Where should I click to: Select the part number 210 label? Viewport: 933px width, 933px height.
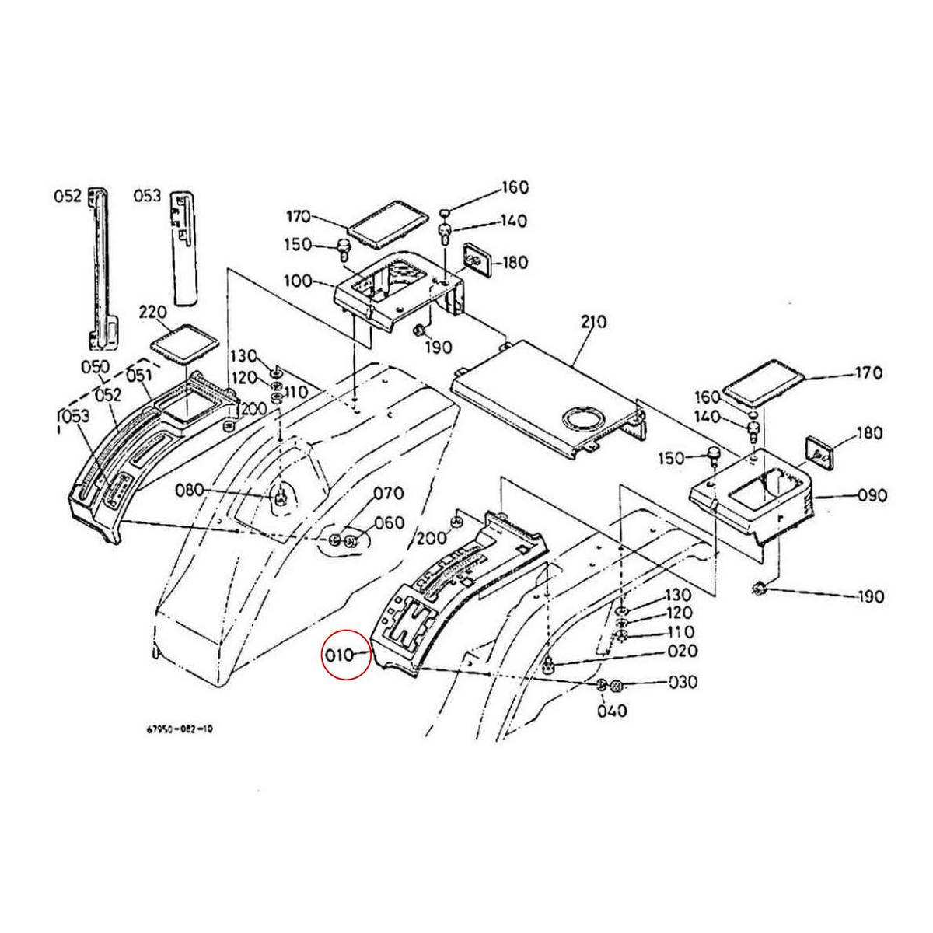[594, 322]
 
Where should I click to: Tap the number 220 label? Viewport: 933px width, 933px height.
[153, 313]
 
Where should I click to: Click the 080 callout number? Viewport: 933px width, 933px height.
[189, 490]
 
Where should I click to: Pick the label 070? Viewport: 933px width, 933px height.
[389, 493]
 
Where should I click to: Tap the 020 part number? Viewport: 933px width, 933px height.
[681, 651]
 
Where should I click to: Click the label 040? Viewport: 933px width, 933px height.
[612, 711]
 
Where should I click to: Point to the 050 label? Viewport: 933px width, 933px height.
[96, 365]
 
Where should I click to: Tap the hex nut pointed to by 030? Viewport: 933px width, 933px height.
[615, 686]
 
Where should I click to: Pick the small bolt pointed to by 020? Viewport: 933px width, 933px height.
[549, 663]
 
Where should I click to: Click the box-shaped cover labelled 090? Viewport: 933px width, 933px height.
[750, 502]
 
